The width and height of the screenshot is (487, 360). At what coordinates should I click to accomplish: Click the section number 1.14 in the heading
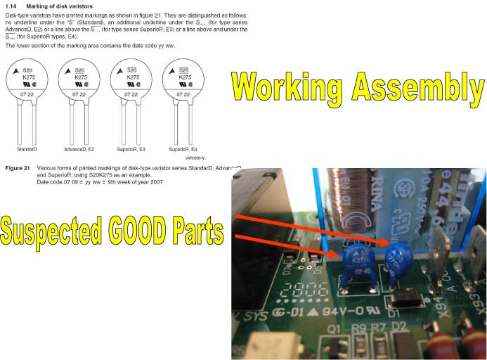click(11, 6)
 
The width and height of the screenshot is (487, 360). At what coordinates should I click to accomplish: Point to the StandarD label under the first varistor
click(27, 150)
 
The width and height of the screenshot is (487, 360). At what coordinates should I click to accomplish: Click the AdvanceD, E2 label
click(80, 150)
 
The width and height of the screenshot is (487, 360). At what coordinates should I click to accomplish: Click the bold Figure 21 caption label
click(17, 169)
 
